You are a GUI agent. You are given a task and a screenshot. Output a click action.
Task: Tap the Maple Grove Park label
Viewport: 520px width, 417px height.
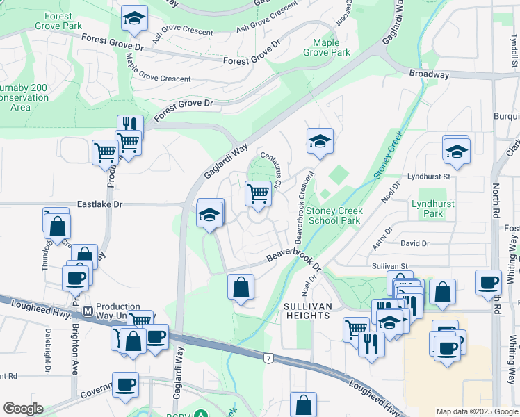click(326, 47)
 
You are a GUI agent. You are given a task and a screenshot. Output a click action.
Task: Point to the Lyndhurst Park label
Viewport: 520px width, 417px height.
click(427, 208)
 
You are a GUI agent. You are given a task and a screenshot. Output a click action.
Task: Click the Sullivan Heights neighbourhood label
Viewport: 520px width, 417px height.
click(306, 311)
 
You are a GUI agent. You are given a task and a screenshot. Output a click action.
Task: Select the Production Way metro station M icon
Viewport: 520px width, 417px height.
click(88, 311)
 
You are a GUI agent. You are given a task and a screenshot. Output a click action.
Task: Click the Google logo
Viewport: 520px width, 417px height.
click(23, 408)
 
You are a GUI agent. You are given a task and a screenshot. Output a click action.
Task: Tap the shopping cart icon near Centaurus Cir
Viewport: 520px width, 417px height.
click(258, 193)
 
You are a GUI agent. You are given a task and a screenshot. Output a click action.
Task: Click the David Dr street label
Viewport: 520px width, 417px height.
click(415, 243)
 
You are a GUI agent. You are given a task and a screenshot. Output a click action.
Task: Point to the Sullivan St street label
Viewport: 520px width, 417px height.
click(389, 265)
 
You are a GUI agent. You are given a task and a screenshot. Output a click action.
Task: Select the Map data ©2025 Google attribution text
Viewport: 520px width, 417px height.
click(476, 411)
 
